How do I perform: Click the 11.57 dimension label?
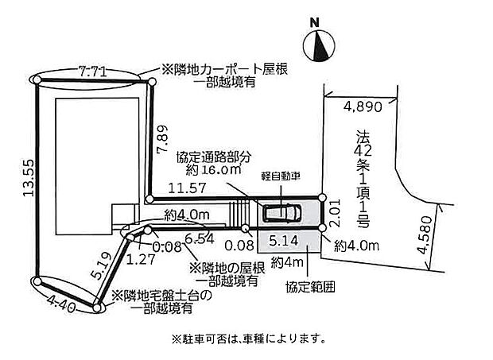click(x=184, y=188)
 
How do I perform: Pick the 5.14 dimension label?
click(x=283, y=238)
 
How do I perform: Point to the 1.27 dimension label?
click(x=140, y=257)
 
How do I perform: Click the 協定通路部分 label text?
click(x=212, y=156)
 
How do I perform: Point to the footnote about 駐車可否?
click(x=248, y=339)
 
